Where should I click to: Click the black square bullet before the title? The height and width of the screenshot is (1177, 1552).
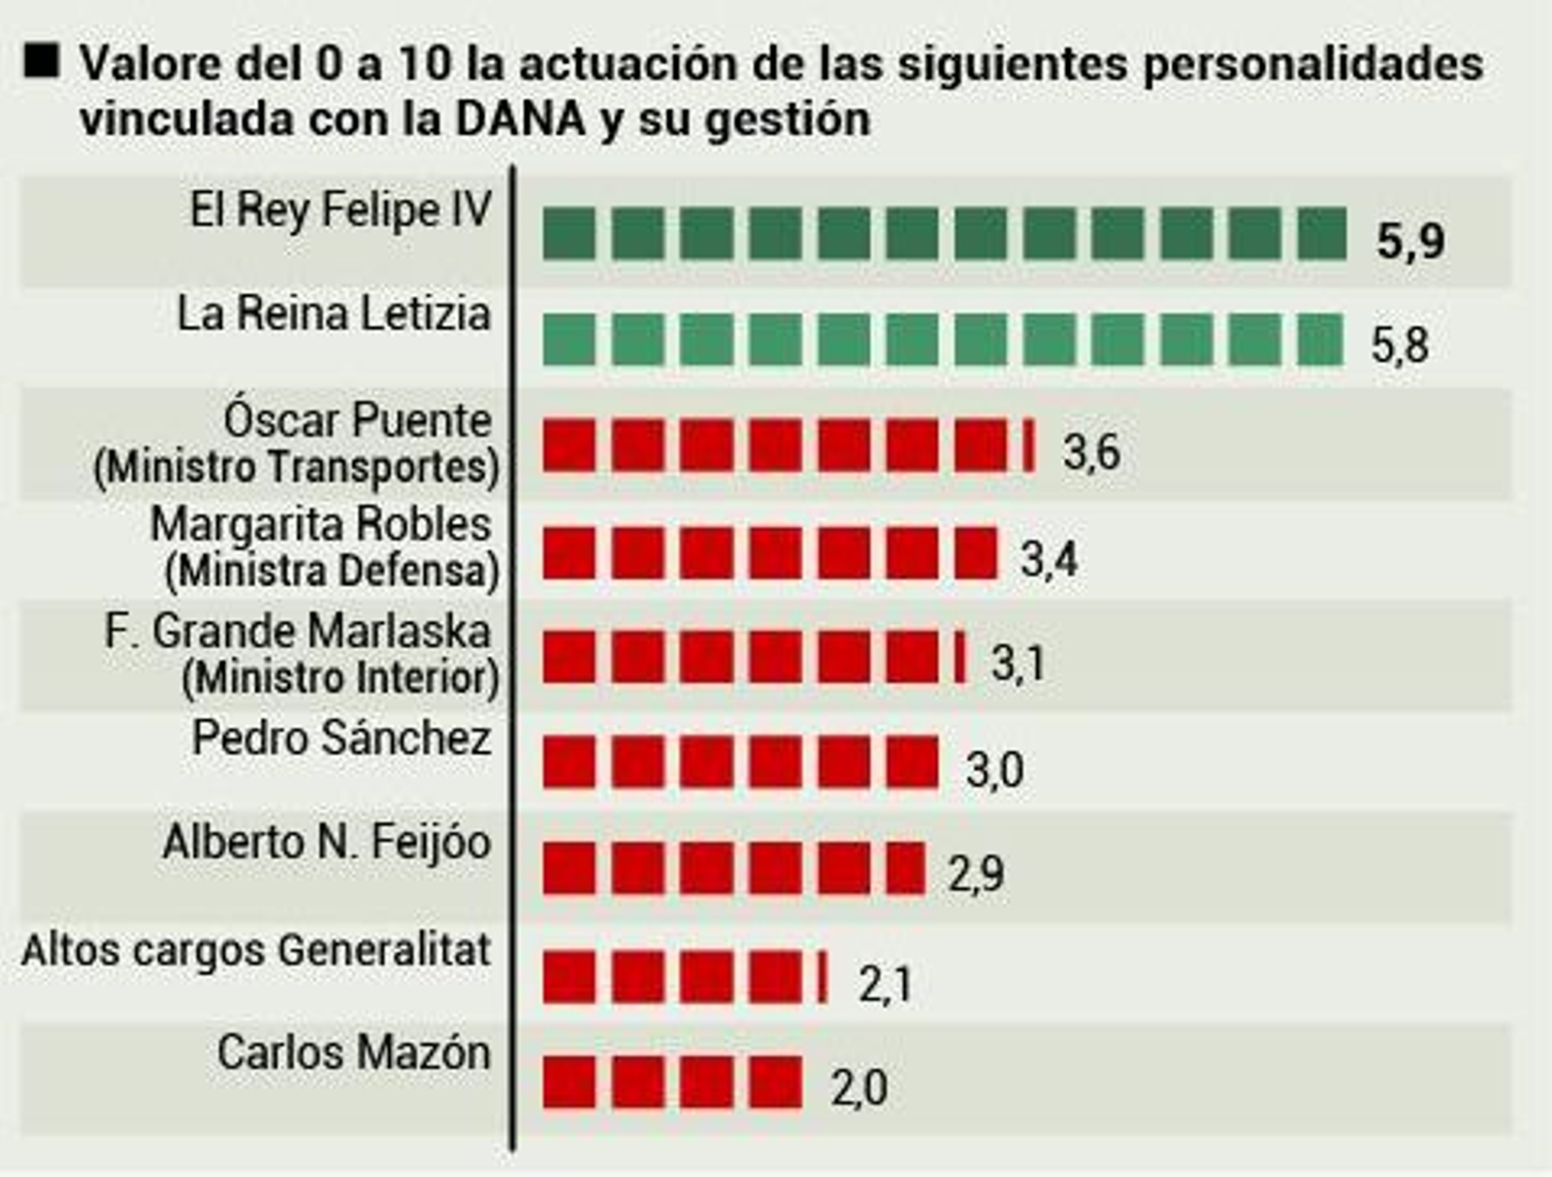coord(43,61)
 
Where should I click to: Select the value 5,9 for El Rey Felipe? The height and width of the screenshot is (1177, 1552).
coord(1410,241)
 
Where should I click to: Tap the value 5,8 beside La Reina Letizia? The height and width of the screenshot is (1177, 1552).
coord(1399,345)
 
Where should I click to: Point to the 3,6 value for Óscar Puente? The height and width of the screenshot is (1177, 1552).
coord(1091,452)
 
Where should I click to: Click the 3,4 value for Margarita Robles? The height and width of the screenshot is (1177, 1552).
coord(1049,560)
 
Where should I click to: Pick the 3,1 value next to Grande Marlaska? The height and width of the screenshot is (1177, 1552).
coord(1018,665)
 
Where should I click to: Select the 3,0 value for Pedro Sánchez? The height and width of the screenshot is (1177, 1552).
coord(994,770)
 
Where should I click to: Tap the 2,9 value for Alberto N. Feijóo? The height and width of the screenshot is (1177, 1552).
coord(976,875)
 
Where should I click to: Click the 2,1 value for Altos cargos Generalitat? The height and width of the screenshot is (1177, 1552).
coord(885,985)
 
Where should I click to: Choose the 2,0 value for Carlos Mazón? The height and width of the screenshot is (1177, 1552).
coord(858,1089)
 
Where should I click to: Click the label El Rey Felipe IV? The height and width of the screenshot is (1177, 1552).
coord(340,211)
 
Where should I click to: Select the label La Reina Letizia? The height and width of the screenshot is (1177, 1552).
coord(334,314)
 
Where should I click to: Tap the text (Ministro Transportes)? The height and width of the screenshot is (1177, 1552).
coord(297,468)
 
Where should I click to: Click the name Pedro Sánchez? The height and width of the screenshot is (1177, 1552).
coord(341,738)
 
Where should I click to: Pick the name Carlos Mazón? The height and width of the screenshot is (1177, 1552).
coord(354,1053)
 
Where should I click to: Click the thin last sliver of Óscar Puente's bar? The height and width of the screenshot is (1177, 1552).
coord(1029,446)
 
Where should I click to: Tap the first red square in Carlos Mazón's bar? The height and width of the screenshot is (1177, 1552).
coord(568,1082)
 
